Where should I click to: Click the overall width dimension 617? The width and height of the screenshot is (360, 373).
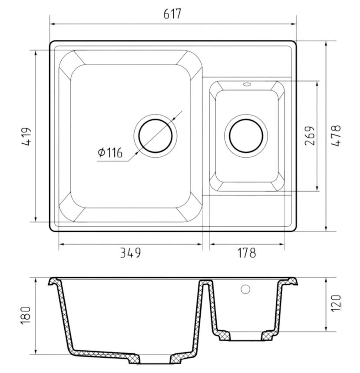pyautogui.click(x=172, y=14)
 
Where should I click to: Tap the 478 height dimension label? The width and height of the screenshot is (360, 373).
pyautogui.click(x=336, y=135)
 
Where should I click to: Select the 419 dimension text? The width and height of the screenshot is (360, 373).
pyautogui.click(x=26, y=136)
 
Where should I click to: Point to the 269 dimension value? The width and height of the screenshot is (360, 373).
pyautogui.click(x=310, y=135)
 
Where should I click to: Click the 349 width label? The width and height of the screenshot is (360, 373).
pyautogui.click(x=130, y=253)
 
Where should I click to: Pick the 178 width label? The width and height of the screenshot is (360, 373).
pyautogui.click(x=247, y=253)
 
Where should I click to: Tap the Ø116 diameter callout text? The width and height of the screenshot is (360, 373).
pyautogui.click(x=110, y=152)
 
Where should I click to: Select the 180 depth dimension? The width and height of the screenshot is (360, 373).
pyautogui.click(x=26, y=315)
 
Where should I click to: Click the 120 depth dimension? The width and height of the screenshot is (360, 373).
pyautogui.click(x=336, y=303)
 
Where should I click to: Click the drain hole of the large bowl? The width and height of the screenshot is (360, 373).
pyautogui.click(x=155, y=135)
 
